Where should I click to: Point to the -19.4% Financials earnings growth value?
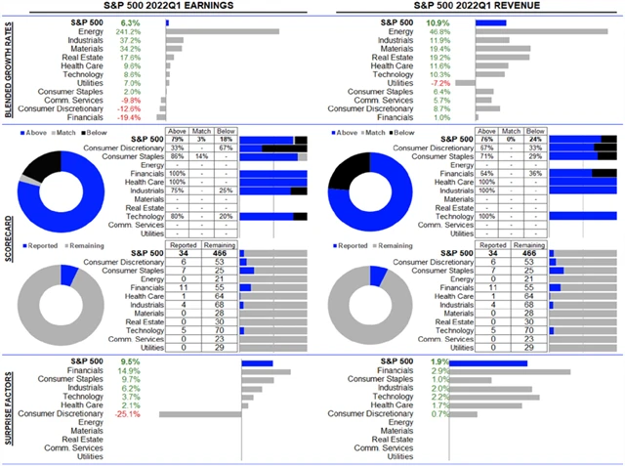(x=130, y=116)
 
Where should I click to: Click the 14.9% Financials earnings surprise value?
(x=129, y=371)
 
